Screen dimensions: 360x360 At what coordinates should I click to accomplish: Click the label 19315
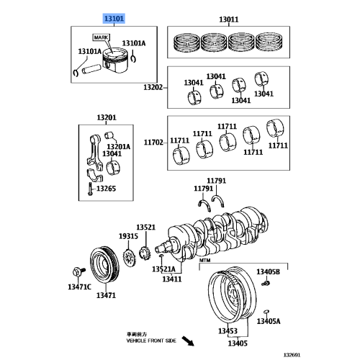pyautogui.click(x=128, y=236)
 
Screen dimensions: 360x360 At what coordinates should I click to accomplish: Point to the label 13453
pyautogui.click(x=228, y=330)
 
